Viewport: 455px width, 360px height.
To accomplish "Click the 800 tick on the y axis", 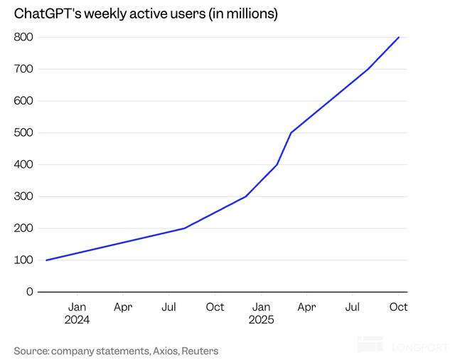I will (x=24, y=37).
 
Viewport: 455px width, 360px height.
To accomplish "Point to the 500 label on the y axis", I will (x=24, y=132).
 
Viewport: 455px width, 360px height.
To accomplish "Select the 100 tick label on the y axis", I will (x=24, y=260).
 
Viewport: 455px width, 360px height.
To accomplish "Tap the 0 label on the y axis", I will (x=30, y=292).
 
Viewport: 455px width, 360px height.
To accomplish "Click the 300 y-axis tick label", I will (x=24, y=196).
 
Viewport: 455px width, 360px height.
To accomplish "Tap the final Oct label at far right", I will (x=398, y=307).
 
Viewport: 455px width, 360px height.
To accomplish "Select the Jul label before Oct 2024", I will (x=168, y=307).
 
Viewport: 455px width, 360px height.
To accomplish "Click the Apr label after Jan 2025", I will (x=306, y=307).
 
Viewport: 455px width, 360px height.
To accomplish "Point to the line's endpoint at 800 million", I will (x=399, y=37).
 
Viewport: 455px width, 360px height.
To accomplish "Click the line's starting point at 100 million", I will (x=46, y=260).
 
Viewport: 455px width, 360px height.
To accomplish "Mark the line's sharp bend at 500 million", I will (x=291, y=133).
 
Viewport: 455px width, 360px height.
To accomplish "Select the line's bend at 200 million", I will (x=184, y=228).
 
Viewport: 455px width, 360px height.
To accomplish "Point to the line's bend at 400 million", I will (x=277, y=165).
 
